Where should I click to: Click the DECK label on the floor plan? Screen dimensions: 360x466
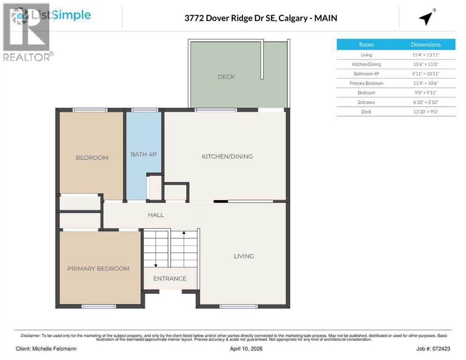[226, 76]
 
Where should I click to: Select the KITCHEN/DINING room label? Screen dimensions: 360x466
[227, 156]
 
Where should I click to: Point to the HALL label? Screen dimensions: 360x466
[156, 215]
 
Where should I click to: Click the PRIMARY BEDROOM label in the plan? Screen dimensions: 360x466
[98, 269]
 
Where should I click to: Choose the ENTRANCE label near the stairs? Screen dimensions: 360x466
[170, 278]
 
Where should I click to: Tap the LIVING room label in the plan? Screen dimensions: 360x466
[244, 256]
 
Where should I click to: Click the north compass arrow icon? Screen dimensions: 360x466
[426, 18]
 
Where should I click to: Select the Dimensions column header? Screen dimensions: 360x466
[425, 45]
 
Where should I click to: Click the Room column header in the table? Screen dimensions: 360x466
[366, 45]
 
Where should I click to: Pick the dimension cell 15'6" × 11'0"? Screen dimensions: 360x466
[426, 64]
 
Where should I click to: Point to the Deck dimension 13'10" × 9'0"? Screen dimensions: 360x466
[426, 111]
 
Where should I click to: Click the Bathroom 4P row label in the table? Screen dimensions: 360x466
[366, 74]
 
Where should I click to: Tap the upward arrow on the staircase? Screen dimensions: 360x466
[184, 233]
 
